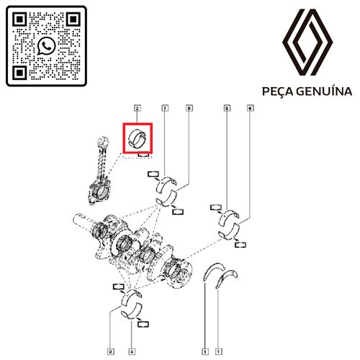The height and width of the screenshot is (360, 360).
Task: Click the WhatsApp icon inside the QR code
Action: tap(46, 46)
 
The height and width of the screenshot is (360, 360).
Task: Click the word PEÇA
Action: tap(279, 91)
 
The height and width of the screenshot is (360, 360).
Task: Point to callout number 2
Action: tap(136, 108)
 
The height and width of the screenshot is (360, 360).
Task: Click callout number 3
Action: tap(109, 352)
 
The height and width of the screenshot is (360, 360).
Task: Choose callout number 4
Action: tap(132, 352)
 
